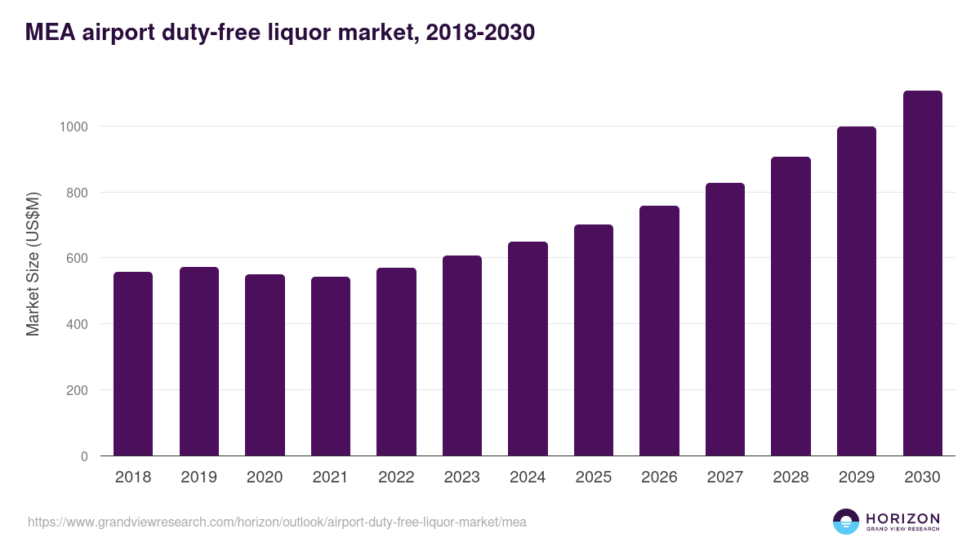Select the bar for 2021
331,367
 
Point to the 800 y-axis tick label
76,193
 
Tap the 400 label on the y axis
76,324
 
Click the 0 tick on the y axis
83,456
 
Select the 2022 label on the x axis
396,478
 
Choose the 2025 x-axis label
593,478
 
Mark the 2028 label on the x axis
791,478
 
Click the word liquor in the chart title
309,33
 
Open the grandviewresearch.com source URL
277,522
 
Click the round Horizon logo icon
846,522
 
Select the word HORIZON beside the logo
902,518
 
